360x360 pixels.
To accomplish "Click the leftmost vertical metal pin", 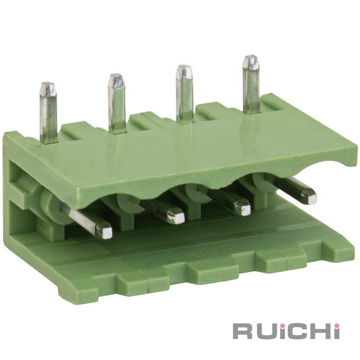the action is point(48,113).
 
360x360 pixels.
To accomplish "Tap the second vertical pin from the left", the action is point(117,103).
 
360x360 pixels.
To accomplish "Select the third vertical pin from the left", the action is point(184,94).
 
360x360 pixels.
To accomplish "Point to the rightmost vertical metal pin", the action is point(251,84).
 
